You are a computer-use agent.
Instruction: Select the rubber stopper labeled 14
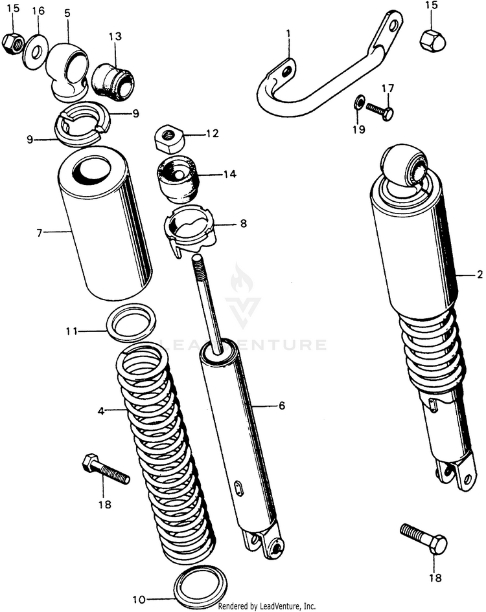click(178, 180)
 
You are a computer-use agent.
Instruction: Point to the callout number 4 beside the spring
click(101, 410)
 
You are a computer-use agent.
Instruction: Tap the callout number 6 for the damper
click(282, 406)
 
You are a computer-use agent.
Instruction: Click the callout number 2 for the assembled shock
click(480, 274)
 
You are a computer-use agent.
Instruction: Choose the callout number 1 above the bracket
click(288, 33)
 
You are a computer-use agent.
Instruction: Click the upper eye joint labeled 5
click(69, 70)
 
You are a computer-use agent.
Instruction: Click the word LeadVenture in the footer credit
click(279, 606)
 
